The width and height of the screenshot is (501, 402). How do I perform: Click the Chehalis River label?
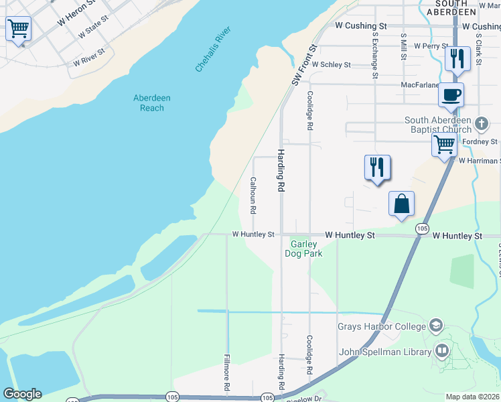pos(213,50)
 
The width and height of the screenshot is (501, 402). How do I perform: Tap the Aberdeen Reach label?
pos(152,103)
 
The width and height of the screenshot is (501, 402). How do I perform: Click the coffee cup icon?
pos(451,94)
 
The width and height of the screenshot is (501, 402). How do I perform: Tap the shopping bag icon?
pos(401,203)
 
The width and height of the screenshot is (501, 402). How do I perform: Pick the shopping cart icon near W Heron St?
pos(18,29)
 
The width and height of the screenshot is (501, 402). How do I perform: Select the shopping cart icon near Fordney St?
pos(445,143)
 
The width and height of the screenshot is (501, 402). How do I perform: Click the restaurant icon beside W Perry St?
pos(457,58)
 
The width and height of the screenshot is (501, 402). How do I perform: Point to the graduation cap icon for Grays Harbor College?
pos(436,326)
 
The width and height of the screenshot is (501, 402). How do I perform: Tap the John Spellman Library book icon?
pos(442,350)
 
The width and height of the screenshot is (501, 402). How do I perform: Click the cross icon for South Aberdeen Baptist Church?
pos(481,123)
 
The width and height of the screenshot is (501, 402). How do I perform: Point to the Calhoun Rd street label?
pos(253,195)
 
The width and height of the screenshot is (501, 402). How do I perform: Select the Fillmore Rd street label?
pos(227,373)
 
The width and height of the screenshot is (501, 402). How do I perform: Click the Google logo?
pos(22,394)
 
